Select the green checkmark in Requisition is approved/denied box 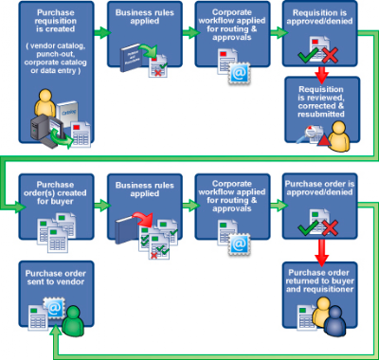point(308,55)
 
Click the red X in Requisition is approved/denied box point(330,56)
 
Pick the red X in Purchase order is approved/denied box point(330,228)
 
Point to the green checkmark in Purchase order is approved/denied point(308,227)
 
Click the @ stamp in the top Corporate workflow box point(240,73)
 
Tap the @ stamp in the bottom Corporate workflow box point(240,243)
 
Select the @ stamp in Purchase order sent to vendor point(54,308)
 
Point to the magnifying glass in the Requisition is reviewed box point(305,134)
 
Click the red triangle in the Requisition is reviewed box point(324,139)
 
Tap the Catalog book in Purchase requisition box point(67,114)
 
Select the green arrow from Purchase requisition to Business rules point(101,32)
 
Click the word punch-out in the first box point(56,54)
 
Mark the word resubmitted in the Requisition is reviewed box point(321,114)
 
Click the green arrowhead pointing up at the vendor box point(56,332)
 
